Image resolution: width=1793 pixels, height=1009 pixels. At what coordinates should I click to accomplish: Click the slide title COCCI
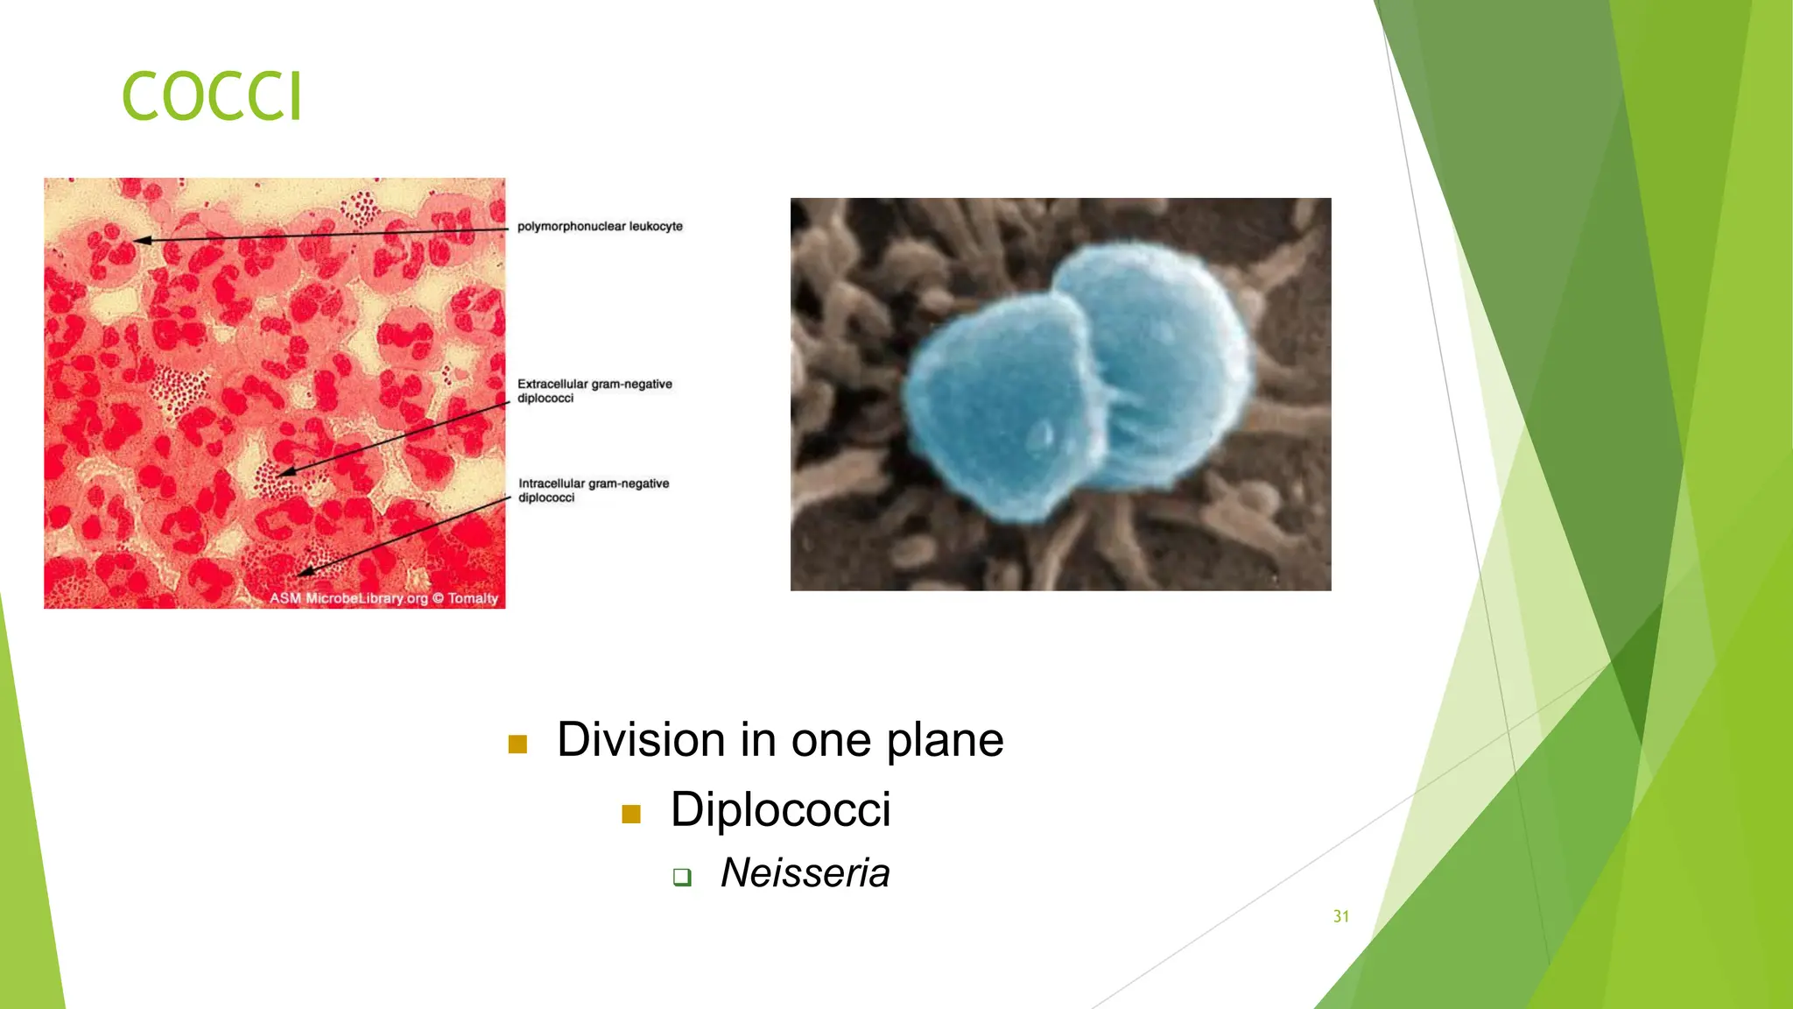212,96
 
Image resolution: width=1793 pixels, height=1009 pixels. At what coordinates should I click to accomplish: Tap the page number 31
1340,916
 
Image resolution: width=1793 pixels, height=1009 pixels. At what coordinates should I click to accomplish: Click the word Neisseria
805,873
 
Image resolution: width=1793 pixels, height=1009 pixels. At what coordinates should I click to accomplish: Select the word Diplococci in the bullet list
780,809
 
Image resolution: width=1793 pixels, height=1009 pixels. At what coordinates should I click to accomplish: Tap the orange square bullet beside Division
517,744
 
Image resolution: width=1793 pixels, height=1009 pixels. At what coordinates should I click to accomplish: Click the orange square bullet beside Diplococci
631,815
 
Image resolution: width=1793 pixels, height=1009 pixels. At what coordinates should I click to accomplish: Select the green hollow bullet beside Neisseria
682,877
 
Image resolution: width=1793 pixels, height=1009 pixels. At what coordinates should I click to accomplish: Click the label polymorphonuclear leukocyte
600,227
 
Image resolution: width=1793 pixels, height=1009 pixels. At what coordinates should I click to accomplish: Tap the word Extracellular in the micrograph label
552,384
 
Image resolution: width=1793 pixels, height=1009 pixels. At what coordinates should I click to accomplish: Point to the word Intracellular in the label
552,483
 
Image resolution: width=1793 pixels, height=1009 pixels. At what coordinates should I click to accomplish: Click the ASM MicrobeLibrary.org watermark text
348,598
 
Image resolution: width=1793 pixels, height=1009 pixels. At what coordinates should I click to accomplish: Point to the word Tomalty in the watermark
473,598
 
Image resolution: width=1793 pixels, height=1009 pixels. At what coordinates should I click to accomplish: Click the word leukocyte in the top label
656,227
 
